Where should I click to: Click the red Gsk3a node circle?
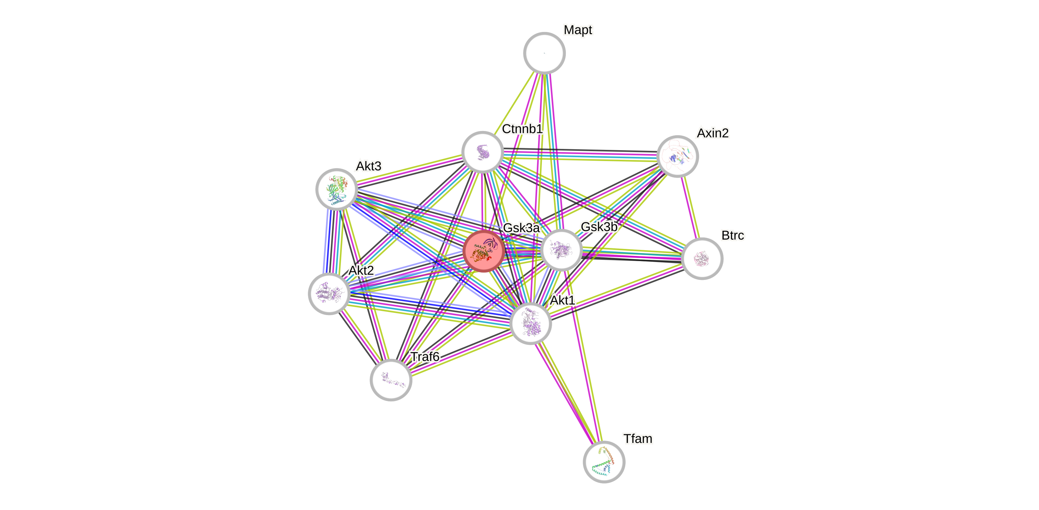pyautogui.click(x=484, y=251)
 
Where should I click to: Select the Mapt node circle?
pyautogui.click(x=544, y=53)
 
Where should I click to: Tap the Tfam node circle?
pyautogui.click(x=604, y=462)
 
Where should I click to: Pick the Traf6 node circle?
pyautogui.click(x=391, y=380)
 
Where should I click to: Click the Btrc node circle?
pyautogui.click(x=702, y=259)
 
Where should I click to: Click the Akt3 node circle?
pyautogui.click(x=336, y=189)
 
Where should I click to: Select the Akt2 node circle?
pyautogui.click(x=329, y=293)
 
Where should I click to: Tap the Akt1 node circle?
pyautogui.click(x=530, y=323)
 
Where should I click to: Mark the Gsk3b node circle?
pyautogui.click(x=561, y=250)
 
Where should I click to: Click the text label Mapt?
pyautogui.click(x=578, y=30)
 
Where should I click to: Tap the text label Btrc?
pyautogui.click(x=732, y=236)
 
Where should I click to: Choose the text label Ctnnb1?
pyautogui.click(x=522, y=129)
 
